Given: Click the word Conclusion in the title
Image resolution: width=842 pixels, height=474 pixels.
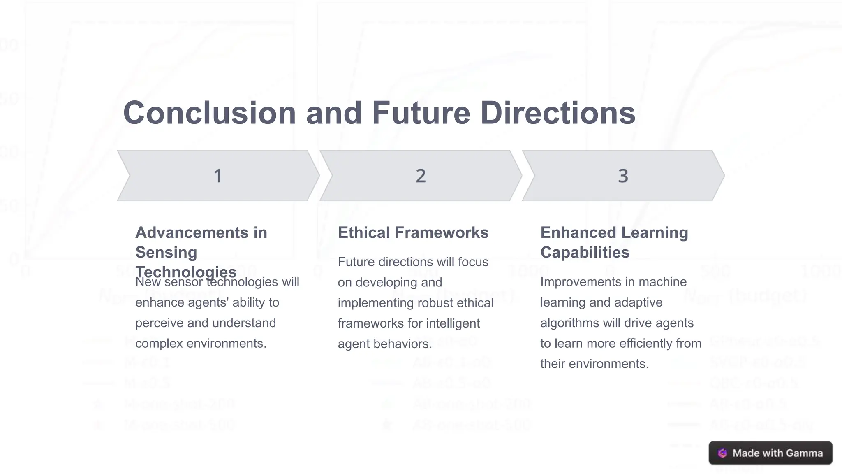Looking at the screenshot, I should click(209, 113).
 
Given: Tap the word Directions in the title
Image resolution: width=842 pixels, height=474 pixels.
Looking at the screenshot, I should click(558, 113).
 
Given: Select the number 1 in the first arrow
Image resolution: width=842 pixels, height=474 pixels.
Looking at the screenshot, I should click(218, 176).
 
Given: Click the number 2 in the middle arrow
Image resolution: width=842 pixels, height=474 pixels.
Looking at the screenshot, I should click(421, 176).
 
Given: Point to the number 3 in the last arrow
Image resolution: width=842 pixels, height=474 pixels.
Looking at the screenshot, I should click(623, 176).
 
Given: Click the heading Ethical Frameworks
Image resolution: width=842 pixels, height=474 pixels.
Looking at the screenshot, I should click(413, 233).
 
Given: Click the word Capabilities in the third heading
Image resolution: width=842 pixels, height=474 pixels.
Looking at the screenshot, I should click(585, 253).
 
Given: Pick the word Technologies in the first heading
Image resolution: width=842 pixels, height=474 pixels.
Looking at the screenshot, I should click(186, 272).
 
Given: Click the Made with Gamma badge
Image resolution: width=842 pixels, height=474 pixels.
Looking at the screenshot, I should click(770, 453).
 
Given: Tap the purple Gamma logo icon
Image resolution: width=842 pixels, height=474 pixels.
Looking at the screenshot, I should click(722, 453).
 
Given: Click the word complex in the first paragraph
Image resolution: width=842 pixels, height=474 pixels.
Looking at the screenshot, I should click(158, 344).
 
